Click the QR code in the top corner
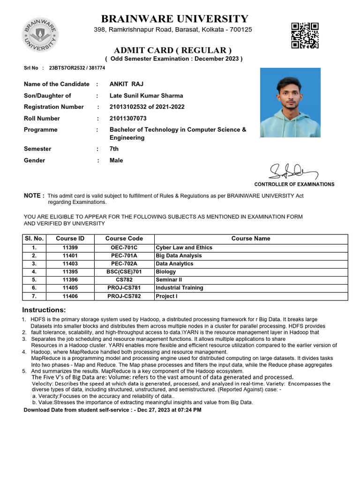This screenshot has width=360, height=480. coord(305,35)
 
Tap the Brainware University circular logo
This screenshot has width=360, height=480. coord(39,35)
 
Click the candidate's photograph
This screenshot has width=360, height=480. coord(290,102)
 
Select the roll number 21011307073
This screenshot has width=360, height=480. coord(128,119)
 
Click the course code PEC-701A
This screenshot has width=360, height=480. coord(124,255)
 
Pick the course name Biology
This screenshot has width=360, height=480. coord(165,272)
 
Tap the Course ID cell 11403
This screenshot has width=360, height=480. coord(70,264)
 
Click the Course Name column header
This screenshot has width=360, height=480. coord(251,239)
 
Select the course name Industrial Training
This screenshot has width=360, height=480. coord(180,288)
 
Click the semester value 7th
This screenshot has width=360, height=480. coord(114,149)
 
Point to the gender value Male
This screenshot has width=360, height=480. coord(116,160)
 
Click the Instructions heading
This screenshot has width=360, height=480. coord(44,310)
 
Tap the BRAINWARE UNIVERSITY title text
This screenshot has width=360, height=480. coord(174,19)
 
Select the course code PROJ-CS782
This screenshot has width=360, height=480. coord(124,296)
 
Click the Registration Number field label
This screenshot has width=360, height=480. coord(54,107)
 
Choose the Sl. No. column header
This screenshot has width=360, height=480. coord(34,239)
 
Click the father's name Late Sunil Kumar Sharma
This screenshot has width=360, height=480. coord(146,96)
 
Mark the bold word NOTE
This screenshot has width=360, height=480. coord(34,195)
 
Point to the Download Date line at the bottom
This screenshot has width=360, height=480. coord(112,410)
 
